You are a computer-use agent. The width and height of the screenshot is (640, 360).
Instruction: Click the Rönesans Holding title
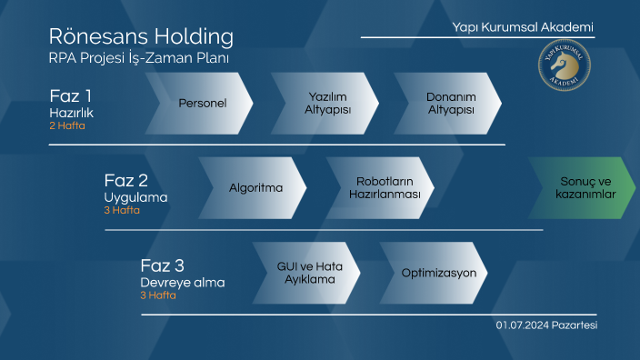click(141, 37)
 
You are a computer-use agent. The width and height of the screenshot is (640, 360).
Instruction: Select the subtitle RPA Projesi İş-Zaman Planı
click(139, 58)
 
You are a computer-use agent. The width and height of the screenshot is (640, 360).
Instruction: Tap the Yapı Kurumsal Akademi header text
click(523, 27)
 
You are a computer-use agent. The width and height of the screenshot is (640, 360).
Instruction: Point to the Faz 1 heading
click(70, 95)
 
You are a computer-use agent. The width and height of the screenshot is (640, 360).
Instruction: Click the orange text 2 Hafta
click(67, 126)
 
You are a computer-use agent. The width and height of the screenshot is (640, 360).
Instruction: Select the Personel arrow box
click(202, 103)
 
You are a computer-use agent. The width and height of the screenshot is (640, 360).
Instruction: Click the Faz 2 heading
click(125, 179)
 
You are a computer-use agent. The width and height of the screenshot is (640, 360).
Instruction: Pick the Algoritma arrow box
click(255, 188)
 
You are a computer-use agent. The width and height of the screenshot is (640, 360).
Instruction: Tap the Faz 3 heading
click(163, 265)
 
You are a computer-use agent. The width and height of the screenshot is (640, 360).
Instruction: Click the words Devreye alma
click(183, 283)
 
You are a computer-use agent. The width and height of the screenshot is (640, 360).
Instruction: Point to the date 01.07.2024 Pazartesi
click(546, 325)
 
